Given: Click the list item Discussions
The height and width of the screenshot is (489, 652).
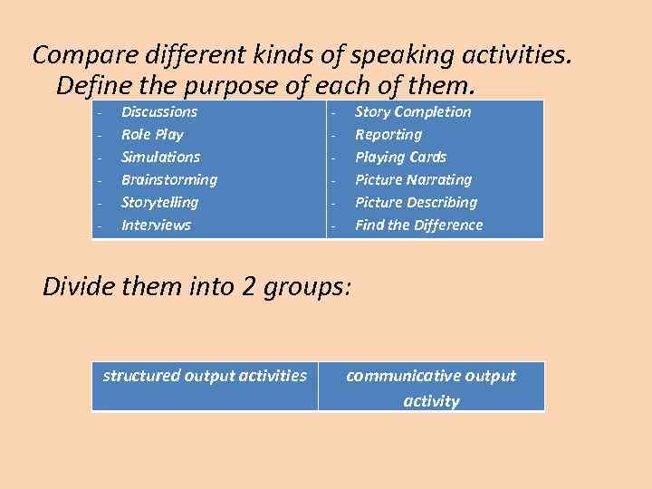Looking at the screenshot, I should click(159, 112).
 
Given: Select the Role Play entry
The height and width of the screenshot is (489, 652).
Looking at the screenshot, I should click(152, 135).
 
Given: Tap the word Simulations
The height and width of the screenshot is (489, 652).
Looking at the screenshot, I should click(161, 158).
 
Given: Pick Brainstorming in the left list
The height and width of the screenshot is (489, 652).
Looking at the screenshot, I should click(169, 180).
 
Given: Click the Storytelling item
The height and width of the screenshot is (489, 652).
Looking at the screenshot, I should click(159, 203).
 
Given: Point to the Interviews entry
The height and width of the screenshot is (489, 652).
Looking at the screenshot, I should click(157, 225).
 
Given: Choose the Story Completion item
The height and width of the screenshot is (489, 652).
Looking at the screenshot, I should click(413, 112).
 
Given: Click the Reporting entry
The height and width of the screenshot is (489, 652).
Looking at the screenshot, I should click(388, 135).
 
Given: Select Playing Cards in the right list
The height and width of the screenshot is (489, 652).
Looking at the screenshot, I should click(401, 158).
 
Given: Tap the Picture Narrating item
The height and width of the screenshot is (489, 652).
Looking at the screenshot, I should click(413, 180).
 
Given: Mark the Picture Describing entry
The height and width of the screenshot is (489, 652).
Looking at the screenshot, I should click(416, 203).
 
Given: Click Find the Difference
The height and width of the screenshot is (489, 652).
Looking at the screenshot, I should click(419, 225).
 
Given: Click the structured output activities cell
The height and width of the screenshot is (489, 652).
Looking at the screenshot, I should click(205, 376).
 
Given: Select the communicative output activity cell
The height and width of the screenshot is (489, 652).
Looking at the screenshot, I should click(431, 388).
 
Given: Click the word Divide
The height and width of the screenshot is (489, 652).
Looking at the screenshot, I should click(80, 287).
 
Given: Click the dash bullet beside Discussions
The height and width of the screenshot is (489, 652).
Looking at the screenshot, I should click(99, 113).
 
